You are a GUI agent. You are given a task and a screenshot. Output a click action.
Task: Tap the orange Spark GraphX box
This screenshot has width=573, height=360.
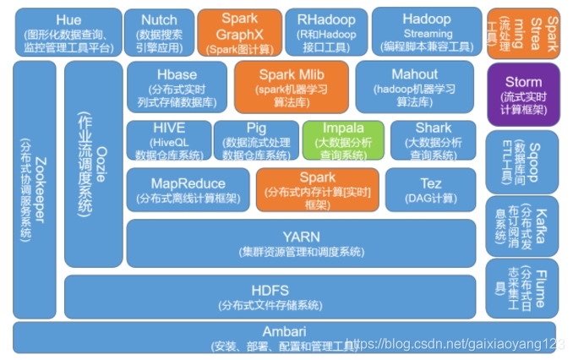click(239, 30)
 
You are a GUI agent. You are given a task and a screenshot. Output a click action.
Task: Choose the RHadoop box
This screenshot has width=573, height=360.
click(325, 31)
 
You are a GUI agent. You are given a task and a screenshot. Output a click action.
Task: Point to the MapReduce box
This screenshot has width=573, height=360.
click(188, 189)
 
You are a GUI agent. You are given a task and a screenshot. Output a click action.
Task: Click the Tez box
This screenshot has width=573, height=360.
click(430, 189)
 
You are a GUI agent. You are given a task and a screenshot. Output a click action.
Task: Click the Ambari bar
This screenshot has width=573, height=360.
click(283, 337)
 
